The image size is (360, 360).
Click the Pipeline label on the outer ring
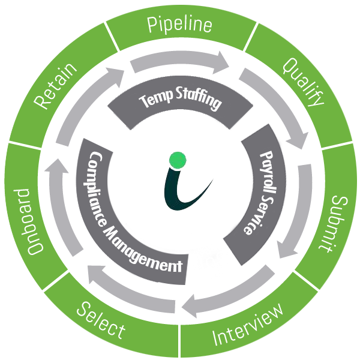coord(180,25)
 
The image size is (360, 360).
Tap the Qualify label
coord(303,81)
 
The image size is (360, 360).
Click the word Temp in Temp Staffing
coord(155,98)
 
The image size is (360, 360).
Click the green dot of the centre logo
coord(178,160)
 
